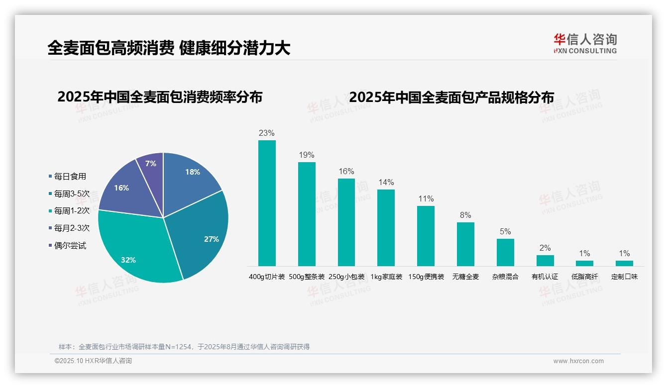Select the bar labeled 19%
tap(307, 214)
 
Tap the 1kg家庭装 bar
tap(386, 227)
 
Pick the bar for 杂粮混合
tap(505, 252)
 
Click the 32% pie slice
tap(134, 249)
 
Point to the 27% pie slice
tap(204, 234)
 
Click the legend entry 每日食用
tap(70, 176)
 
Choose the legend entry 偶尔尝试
tap(70, 246)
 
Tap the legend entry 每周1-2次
tap(72, 211)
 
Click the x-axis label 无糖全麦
tap(465, 277)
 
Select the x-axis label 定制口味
tap(624, 277)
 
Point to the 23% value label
tap(267, 133)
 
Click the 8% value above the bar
tap(465, 215)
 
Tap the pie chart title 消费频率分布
tap(160, 97)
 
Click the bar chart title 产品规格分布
tap(451, 97)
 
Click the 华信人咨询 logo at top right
tap(585, 43)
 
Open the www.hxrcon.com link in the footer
tap(578, 361)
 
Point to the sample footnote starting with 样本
tap(184, 347)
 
